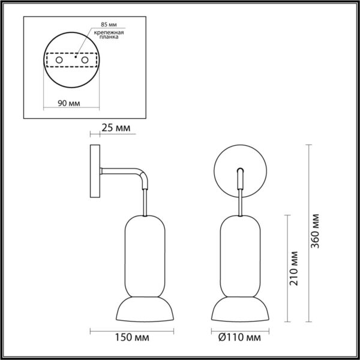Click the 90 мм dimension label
coord(71,103)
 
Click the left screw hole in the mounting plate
coord(59,61)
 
